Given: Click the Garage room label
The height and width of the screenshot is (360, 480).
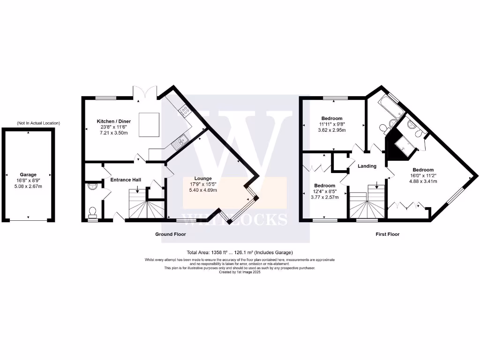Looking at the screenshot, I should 28,174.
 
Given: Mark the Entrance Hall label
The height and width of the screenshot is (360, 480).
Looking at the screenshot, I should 126,180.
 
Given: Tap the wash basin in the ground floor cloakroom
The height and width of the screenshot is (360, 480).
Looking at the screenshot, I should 91,187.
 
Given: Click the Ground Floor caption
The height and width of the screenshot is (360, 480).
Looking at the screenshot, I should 171,234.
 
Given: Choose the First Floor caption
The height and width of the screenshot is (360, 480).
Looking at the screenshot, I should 388,234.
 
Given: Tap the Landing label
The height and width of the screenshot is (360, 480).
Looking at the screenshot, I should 367,166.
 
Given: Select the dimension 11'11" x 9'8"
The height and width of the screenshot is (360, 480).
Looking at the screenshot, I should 332,124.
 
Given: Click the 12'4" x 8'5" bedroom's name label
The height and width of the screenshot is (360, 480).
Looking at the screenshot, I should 324,185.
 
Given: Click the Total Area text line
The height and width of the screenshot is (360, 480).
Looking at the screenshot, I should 240,252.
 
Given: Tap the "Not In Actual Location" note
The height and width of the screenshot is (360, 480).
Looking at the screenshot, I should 38,123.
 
